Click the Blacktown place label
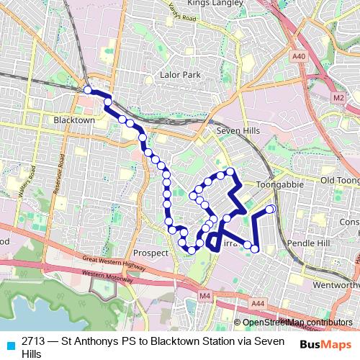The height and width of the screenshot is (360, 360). [x=74, y=120]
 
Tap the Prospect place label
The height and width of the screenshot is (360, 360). [x=150, y=253]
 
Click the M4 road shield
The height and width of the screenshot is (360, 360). [x=204, y=296]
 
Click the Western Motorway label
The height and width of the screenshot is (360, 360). [x=108, y=274]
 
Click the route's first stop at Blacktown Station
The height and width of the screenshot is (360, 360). [x=87, y=90]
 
